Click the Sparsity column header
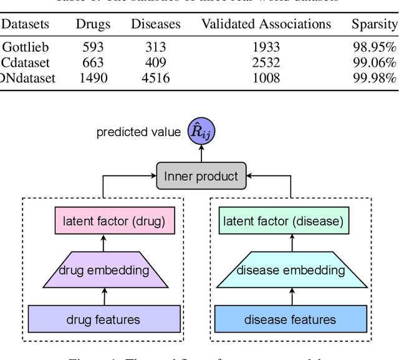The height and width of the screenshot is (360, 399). coord(374,24)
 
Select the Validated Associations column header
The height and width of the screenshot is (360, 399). coord(266,24)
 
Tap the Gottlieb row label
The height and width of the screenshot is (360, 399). coord(25,47)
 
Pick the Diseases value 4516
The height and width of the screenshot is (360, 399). coord(155,78)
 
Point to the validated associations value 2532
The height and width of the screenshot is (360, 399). coord(266,63)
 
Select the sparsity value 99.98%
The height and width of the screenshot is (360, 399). coord(374,78)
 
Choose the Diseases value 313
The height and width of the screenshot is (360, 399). coord(155,47)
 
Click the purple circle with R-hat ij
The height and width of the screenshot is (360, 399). coord(200,133)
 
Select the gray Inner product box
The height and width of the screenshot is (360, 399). coord(201,177)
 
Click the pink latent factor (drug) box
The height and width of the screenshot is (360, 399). coord(114,221)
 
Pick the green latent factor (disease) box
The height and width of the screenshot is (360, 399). coord(283,221)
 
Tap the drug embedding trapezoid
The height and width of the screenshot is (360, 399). coord(104,270)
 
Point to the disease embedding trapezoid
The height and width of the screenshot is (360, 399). coord(291,270)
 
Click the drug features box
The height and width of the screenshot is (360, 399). coord(103,320)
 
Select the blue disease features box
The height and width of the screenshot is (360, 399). coord(291,320)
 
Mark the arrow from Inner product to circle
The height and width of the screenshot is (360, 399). coord(200,155)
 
